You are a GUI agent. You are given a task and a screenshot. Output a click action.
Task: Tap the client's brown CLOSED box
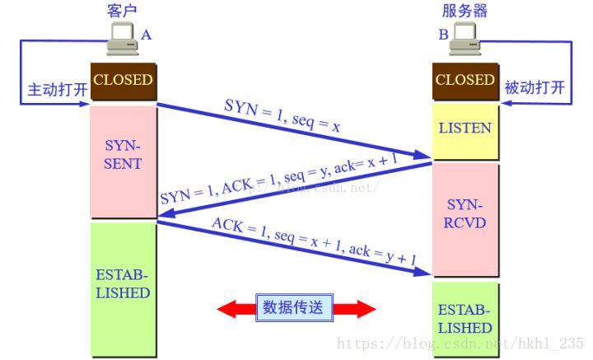123,81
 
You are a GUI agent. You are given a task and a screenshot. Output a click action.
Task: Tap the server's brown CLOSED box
465,81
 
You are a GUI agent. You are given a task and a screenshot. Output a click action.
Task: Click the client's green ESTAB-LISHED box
123,283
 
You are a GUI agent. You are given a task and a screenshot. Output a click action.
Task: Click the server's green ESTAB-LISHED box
465,320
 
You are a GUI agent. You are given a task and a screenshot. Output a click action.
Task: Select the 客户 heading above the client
122,10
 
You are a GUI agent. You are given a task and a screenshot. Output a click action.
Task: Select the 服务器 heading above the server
465,10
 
